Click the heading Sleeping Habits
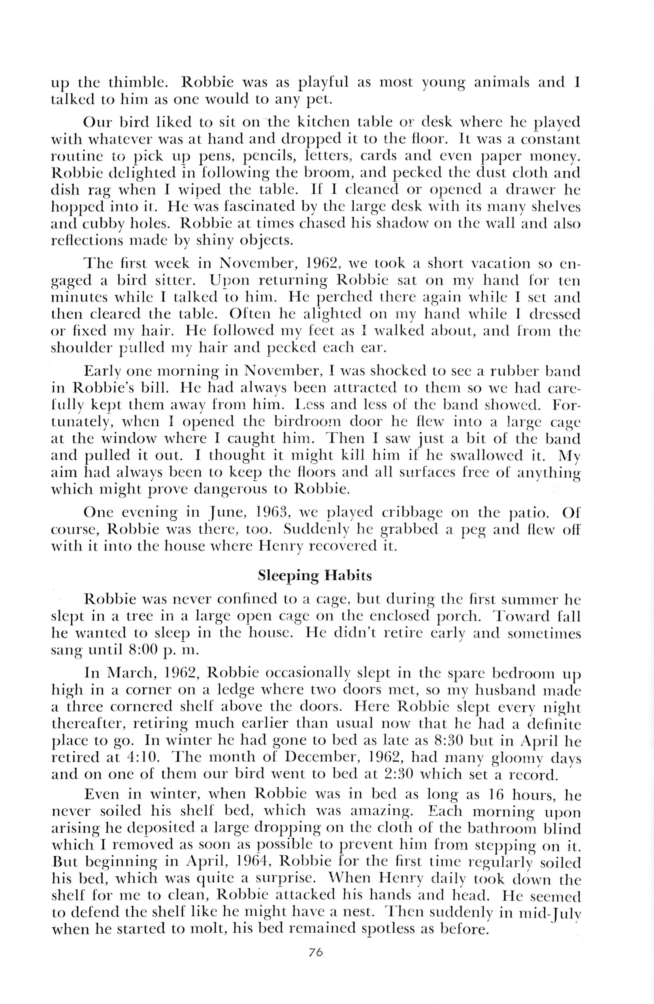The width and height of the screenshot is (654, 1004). (x=315, y=575)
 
